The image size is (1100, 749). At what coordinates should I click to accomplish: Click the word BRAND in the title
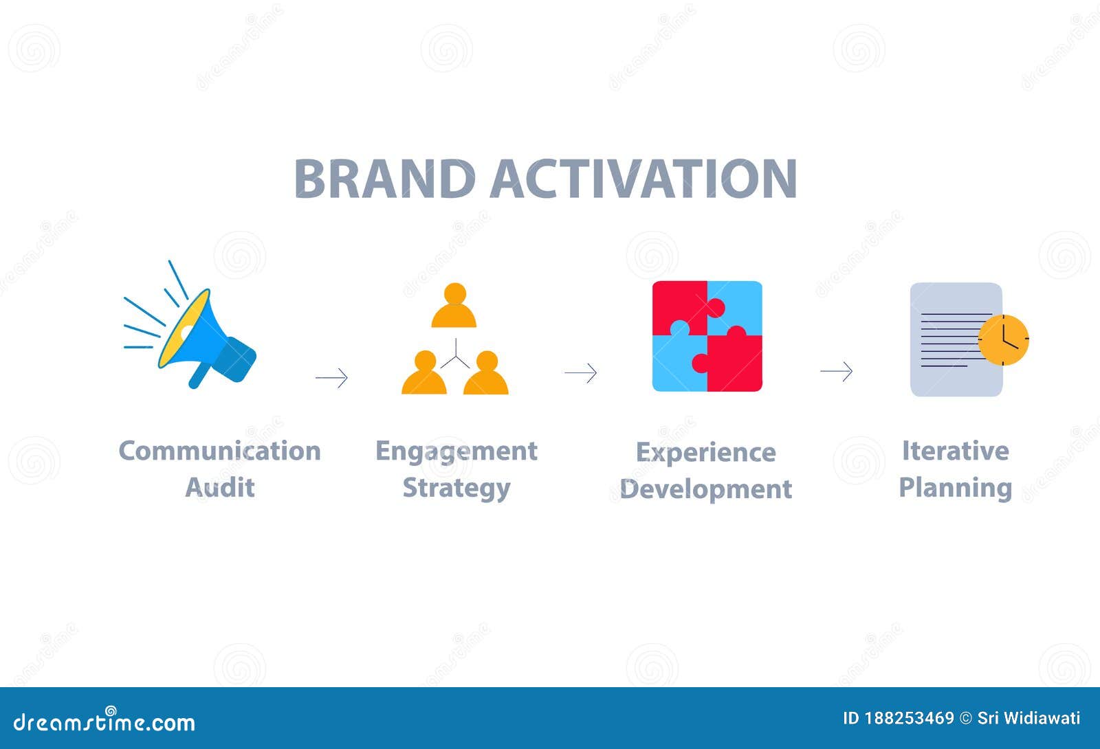pos(384,179)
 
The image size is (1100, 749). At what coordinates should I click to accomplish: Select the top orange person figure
pos(454,306)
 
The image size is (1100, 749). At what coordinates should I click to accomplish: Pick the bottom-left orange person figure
pos(424,374)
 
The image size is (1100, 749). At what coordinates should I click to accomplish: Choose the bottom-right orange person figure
pos(486,374)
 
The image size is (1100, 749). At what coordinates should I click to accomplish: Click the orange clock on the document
pos(1003,339)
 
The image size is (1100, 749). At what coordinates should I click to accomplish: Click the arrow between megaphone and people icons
pos(332,377)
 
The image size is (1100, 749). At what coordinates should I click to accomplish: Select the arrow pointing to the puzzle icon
pos(581,373)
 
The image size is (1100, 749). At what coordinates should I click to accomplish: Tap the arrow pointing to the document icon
pos(836,372)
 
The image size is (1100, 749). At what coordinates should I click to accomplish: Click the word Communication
pos(219,451)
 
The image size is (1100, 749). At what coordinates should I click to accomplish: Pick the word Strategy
pos(456,489)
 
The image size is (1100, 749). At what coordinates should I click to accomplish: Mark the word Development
pos(706,489)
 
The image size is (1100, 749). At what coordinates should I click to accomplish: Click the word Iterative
pos(955,451)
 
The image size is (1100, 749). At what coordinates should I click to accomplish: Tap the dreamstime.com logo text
pos(104,722)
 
